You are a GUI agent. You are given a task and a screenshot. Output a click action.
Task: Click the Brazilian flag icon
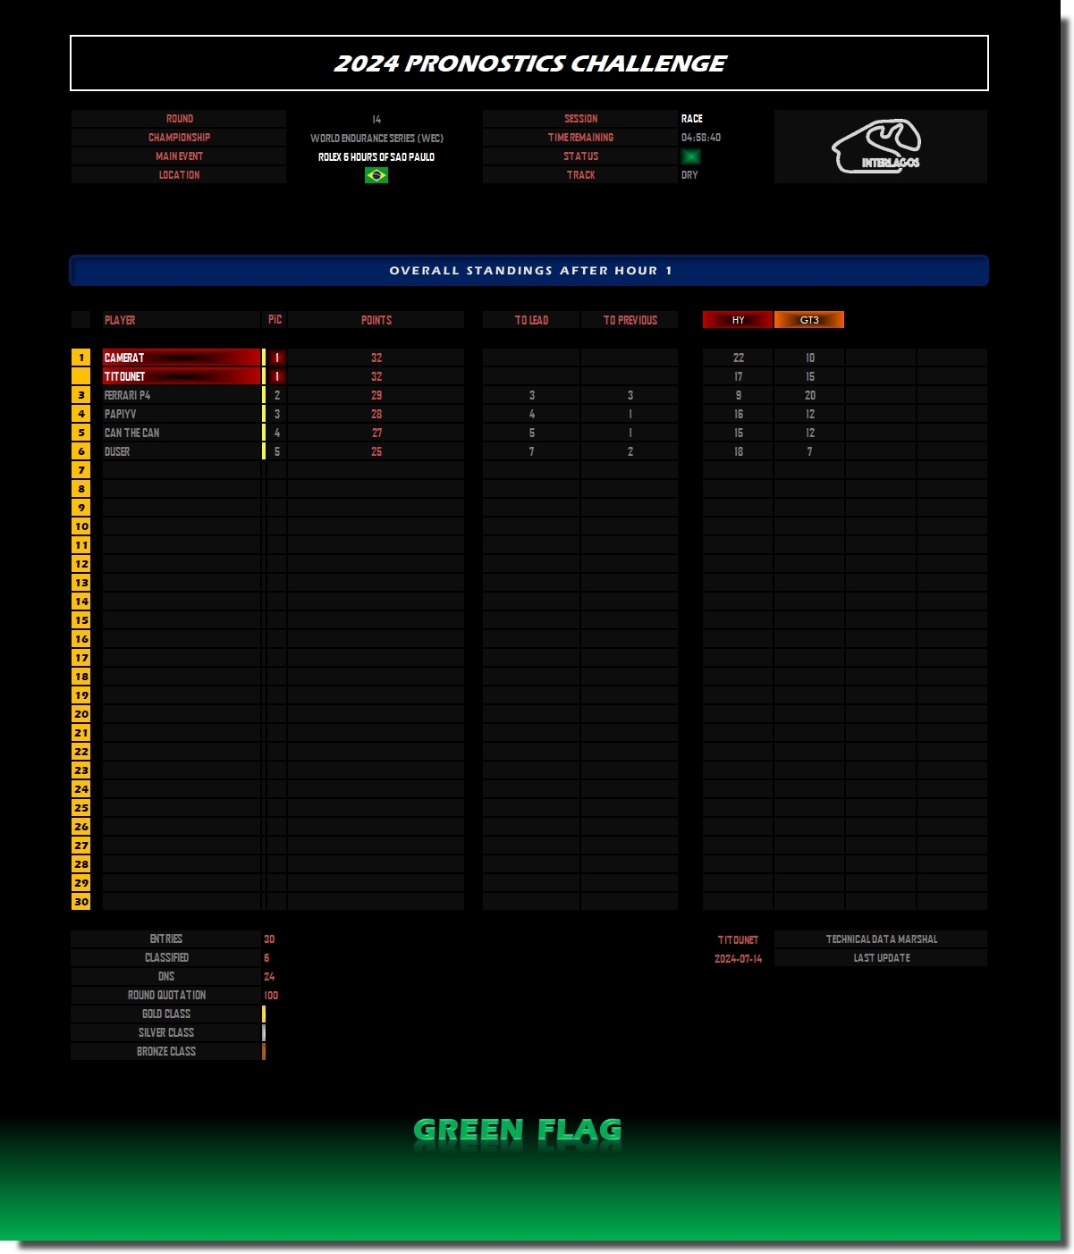coord(376,175)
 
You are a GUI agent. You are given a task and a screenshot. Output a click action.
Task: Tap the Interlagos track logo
coord(876,147)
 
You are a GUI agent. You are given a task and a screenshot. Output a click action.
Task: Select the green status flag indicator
coord(690,156)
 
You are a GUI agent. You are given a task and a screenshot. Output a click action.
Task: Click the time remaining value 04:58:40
coord(700,138)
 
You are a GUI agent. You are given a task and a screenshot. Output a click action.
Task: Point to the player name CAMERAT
coord(123,358)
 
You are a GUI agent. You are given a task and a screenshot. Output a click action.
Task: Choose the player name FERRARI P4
coord(127,396)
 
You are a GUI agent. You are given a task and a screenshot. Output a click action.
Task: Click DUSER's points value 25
coord(376,452)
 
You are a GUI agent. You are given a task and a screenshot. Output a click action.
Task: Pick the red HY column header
coord(738,320)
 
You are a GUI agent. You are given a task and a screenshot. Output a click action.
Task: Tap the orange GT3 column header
coord(808,320)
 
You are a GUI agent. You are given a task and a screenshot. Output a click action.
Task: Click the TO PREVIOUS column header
coord(630,320)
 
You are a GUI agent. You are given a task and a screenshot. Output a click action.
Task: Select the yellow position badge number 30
coord(80,902)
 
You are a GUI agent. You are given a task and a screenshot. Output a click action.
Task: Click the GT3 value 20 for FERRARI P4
coord(810,396)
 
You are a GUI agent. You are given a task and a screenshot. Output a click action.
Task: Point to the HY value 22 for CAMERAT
coord(739,358)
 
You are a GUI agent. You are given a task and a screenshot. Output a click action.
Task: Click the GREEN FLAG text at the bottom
coord(517,1130)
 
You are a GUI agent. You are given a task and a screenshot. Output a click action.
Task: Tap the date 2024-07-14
coord(738,958)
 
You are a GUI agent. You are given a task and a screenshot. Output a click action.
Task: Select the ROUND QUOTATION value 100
coord(271,996)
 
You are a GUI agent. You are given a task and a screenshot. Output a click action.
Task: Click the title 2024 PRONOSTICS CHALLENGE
coord(529,63)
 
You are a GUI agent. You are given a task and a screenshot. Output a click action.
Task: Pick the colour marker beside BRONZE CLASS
coord(264,1051)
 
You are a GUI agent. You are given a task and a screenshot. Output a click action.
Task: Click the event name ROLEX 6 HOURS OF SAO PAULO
coord(376,157)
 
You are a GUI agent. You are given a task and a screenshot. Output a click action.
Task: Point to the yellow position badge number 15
coord(80,620)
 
